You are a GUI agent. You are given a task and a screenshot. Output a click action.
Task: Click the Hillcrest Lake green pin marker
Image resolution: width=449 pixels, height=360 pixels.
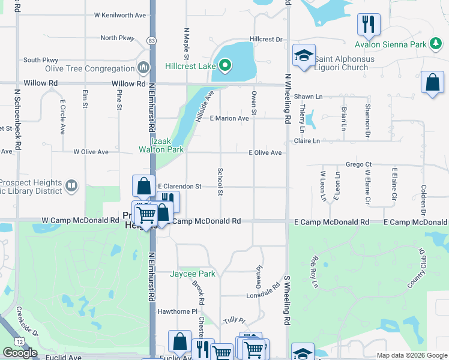(225, 65)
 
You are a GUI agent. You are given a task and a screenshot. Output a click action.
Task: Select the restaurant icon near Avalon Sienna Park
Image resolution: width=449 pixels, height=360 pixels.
(367, 25)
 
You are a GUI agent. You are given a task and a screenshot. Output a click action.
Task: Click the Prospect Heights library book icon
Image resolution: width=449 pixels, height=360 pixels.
(72, 185)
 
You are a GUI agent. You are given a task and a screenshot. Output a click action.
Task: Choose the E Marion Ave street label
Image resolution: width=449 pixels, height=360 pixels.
(229, 119)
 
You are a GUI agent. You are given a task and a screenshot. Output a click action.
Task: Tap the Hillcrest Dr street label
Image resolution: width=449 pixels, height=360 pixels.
(266, 39)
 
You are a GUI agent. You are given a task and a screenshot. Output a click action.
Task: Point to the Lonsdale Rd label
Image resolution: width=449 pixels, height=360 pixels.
(263, 295)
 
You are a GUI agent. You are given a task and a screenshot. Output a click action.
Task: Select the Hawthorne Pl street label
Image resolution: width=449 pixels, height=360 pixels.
(177, 311)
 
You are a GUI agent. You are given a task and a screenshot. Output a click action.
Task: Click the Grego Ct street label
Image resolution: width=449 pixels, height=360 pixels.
(359, 164)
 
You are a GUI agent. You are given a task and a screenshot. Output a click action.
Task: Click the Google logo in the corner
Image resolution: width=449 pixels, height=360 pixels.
(20, 353)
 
